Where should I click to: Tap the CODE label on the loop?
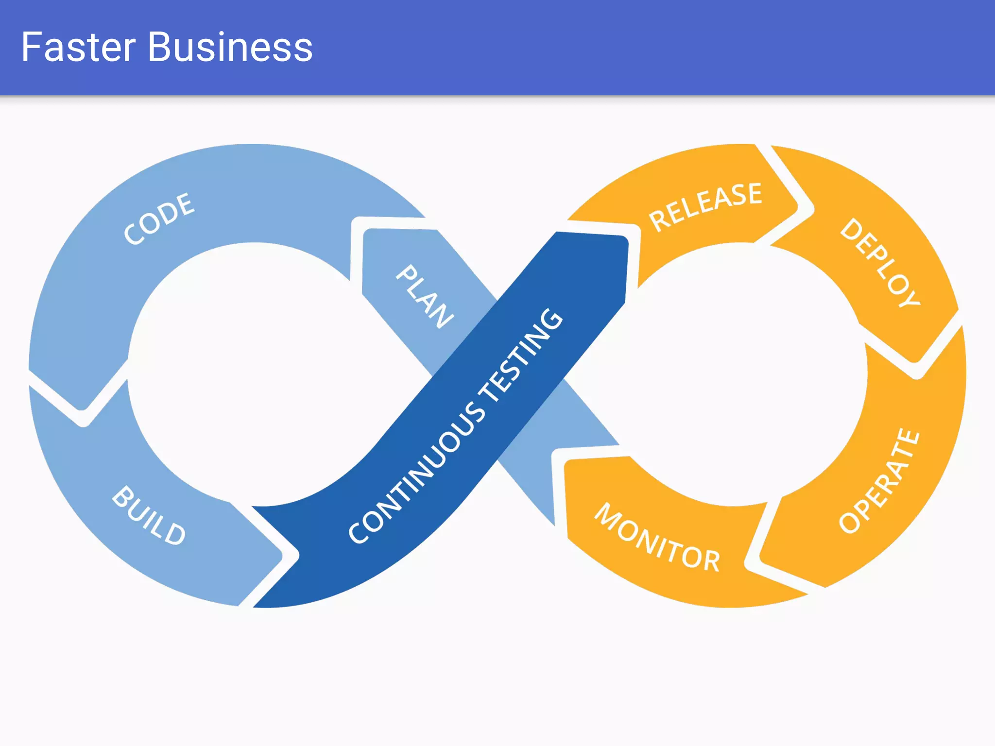tap(159, 218)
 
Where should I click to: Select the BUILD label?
tap(149, 516)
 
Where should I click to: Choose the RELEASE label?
tap(705, 206)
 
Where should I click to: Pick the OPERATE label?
tap(879, 481)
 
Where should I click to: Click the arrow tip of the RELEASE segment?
tap(797, 207)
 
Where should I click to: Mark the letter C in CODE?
tap(132, 234)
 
